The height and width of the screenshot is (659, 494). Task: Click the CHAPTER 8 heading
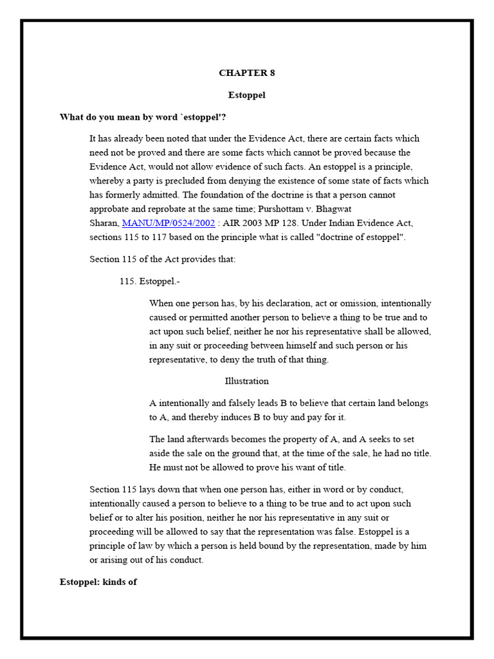(x=246, y=73)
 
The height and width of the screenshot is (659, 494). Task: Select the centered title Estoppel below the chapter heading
(x=246, y=95)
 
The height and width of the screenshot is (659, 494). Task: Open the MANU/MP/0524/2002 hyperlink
(x=169, y=223)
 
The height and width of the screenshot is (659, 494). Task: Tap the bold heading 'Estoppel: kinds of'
(x=98, y=582)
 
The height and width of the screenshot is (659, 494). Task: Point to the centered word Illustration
(x=246, y=381)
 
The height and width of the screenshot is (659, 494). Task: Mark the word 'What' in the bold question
(x=71, y=117)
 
